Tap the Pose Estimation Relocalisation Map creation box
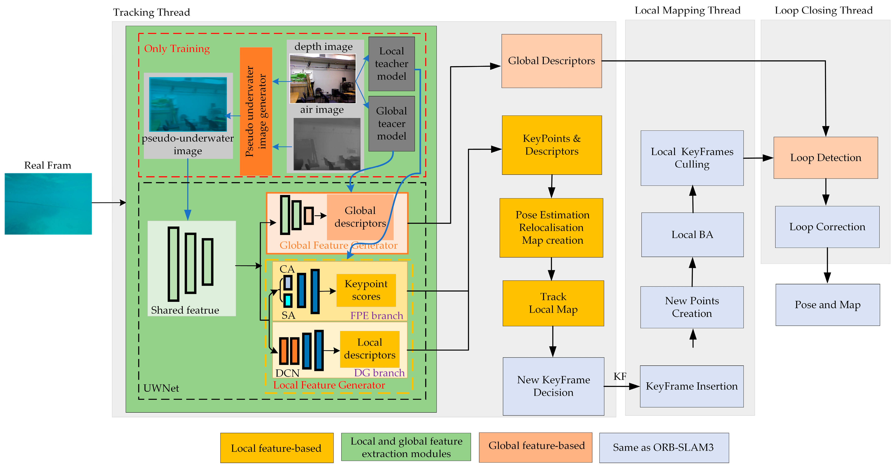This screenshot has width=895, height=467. pyautogui.click(x=551, y=228)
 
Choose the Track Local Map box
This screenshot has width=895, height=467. pyautogui.click(x=553, y=303)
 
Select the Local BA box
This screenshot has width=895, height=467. pyautogui.click(x=692, y=235)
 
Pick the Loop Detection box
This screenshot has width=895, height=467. pyautogui.click(x=825, y=158)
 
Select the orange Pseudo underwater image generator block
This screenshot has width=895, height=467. pyautogui.click(x=256, y=111)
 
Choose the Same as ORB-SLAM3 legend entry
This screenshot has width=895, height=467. pyautogui.click(x=664, y=448)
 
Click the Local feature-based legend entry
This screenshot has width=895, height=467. pyautogui.click(x=277, y=448)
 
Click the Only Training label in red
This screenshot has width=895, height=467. pyautogui.click(x=177, y=49)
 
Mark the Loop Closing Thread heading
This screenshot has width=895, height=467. pyautogui.click(x=823, y=10)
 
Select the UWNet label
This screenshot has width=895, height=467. pyautogui.click(x=161, y=388)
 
